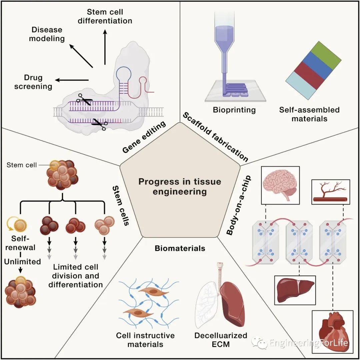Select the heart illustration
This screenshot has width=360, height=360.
click(x=333, y=331)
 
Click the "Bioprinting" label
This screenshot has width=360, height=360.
click(x=235, y=110)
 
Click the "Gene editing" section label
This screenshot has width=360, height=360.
click(x=144, y=137)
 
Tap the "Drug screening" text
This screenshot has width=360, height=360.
click(x=38, y=82)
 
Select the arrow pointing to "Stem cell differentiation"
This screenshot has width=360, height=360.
click(x=105, y=47)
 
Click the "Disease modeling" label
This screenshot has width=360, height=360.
click(x=47, y=34)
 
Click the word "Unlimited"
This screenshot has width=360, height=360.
click(x=22, y=262)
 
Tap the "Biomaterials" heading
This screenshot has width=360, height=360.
click(x=180, y=248)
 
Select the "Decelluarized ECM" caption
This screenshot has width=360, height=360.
click(x=221, y=339)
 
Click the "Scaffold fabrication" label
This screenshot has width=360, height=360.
click(x=215, y=136)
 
